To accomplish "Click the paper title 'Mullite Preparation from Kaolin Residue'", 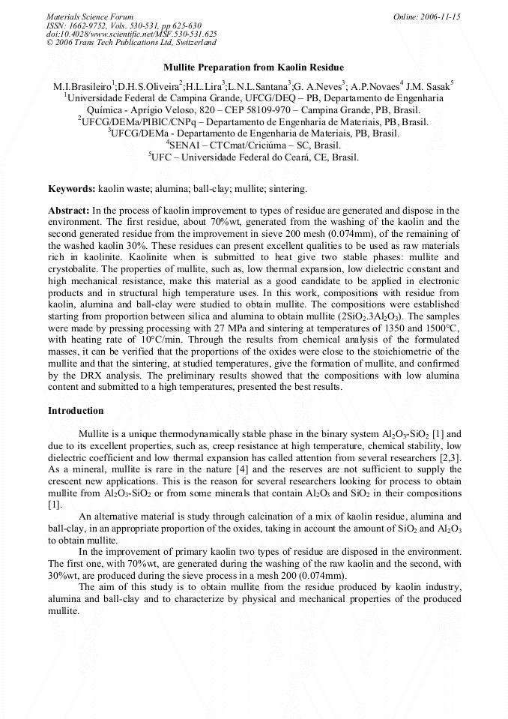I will pos(254,68).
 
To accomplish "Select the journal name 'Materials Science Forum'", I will pos(90,16).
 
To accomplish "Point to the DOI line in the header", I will pos(132,34).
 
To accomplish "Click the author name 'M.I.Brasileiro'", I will pos(82,86).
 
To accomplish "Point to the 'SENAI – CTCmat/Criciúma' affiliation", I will pos(255,145).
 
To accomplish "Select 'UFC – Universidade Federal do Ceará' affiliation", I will pos(255,157).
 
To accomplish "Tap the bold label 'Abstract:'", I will pos(70,211).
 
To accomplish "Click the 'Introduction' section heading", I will pos(76,411).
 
